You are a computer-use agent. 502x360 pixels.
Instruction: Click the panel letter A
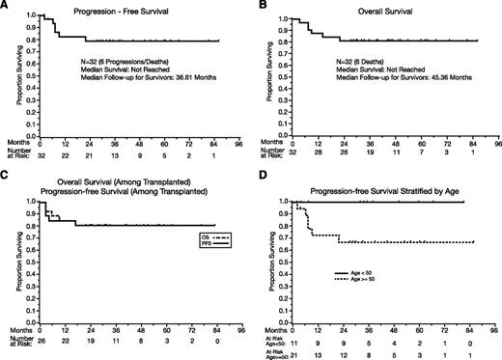click(x=7, y=7)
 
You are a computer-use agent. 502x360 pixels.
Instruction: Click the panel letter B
click(x=260, y=7)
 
